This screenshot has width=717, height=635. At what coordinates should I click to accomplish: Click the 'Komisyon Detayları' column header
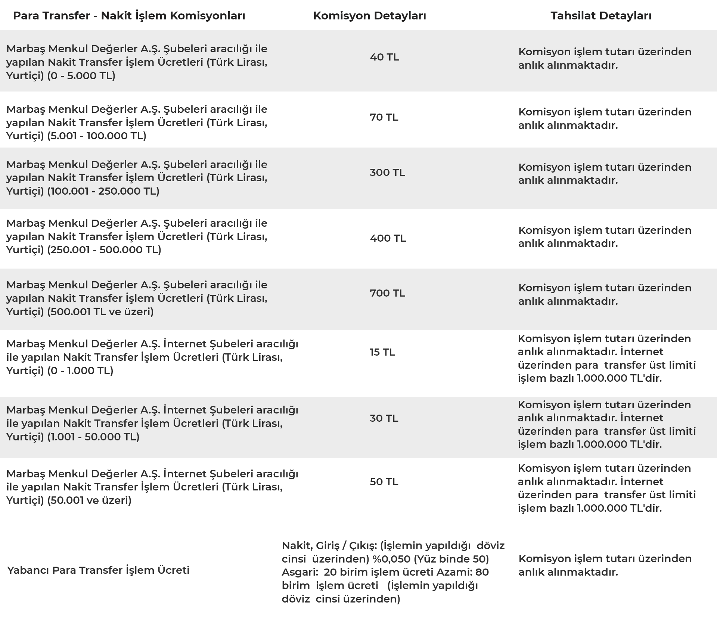click(369, 16)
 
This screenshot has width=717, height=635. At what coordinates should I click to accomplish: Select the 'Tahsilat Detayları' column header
click(601, 16)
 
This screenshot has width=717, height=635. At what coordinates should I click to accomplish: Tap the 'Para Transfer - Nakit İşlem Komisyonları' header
click(129, 16)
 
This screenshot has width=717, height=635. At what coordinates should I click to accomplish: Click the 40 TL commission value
click(384, 57)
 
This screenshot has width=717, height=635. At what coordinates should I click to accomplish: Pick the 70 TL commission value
click(384, 117)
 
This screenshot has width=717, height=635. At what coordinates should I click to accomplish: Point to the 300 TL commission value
click(387, 173)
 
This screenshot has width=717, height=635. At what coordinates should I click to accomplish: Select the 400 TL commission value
click(388, 238)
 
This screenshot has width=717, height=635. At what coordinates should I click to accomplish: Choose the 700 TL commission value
click(387, 293)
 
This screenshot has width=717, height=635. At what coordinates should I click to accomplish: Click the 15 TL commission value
click(382, 352)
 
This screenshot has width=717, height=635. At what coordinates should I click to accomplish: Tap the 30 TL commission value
click(384, 418)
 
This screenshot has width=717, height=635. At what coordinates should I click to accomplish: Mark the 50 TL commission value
click(384, 482)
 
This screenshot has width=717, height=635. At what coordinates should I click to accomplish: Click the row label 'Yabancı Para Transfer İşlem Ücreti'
click(98, 570)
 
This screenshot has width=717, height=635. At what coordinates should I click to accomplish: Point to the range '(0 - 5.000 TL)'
click(81, 76)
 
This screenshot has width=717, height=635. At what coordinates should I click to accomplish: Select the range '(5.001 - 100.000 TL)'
click(97, 136)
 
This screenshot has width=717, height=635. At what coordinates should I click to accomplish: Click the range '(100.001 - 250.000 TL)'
click(103, 191)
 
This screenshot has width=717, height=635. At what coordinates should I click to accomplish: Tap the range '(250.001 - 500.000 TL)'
click(104, 250)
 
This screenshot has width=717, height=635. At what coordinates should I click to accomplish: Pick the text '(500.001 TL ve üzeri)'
click(100, 312)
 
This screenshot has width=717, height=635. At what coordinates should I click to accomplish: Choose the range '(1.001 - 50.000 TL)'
click(93, 437)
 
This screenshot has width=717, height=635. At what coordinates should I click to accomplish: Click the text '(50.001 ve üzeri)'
click(89, 501)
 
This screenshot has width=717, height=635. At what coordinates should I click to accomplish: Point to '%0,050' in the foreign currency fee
click(391, 559)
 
